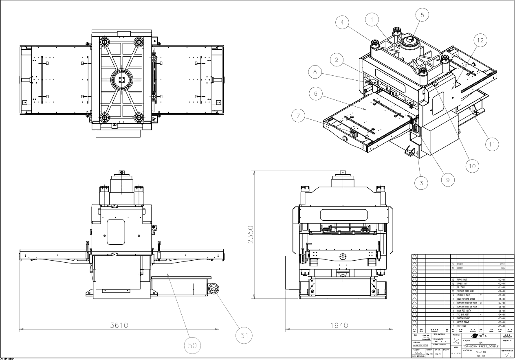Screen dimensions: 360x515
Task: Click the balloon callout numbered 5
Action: [422, 15]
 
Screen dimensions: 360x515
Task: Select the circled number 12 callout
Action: [480, 40]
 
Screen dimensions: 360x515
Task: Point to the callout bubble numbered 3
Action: [421, 182]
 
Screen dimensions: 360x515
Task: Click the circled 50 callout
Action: [191, 345]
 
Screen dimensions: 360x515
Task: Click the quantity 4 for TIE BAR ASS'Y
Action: [481, 314]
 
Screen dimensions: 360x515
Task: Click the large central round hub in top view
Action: [121, 79]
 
